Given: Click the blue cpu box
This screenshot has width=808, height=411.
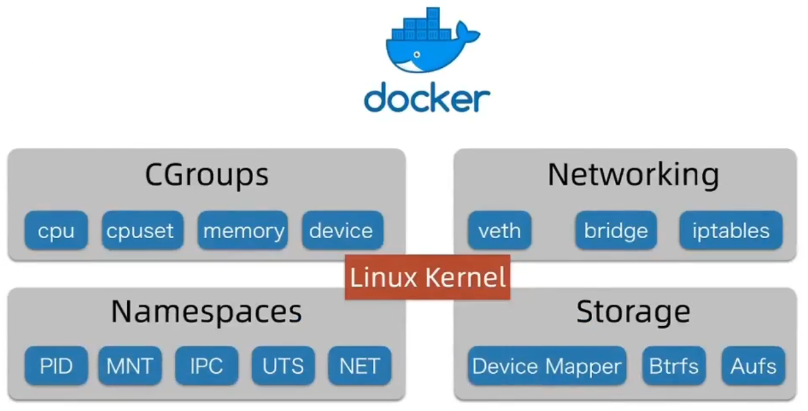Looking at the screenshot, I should pyautogui.click(x=56, y=230).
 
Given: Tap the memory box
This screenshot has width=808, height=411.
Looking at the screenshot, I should pyautogui.click(x=243, y=230).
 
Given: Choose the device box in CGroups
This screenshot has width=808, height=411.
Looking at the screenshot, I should pyautogui.click(x=342, y=230).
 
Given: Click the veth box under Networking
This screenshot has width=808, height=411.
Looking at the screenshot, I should pyautogui.click(x=500, y=230).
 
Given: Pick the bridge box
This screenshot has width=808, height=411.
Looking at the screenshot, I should pyautogui.click(x=616, y=230).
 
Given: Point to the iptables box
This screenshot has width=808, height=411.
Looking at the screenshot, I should pyautogui.click(x=730, y=230).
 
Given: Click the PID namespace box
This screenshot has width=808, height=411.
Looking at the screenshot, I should pyautogui.click(x=56, y=365).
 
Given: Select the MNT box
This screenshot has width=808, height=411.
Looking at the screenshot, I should pyautogui.click(x=130, y=365).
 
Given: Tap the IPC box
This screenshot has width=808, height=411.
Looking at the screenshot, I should pyautogui.click(x=207, y=365).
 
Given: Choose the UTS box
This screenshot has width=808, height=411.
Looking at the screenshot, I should pyautogui.click(x=283, y=365).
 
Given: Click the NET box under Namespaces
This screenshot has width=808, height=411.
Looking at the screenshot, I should pyautogui.click(x=359, y=365).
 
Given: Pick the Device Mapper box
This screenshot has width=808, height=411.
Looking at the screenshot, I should pyautogui.click(x=546, y=365).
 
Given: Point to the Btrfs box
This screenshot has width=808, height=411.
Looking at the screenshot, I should pyautogui.click(x=674, y=365).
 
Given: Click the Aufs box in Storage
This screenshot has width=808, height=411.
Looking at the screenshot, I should pyautogui.click(x=753, y=365).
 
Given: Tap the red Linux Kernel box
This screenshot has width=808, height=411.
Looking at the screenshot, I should pyautogui.click(x=428, y=277).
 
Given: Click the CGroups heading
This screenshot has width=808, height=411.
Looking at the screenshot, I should pyautogui.click(x=207, y=175).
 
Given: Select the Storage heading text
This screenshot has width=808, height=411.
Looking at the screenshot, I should pyautogui.click(x=633, y=312).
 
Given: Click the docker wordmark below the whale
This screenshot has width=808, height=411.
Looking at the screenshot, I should pyautogui.click(x=427, y=99).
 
